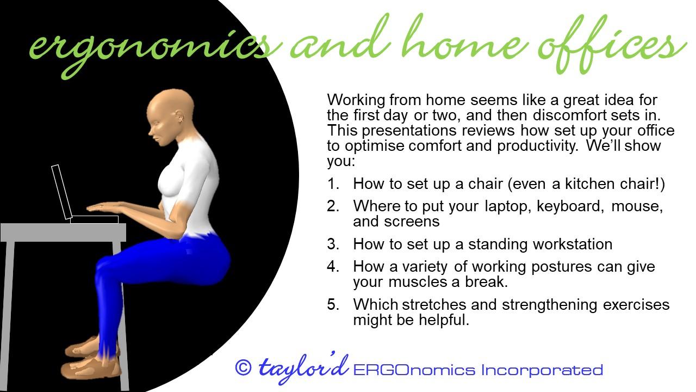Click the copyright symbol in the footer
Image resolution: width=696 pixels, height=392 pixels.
tap(243, 367)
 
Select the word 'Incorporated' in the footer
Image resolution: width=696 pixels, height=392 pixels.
tap(542, 370)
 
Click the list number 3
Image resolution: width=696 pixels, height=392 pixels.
tap(333, 244)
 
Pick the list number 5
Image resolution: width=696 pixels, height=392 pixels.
tap(333, 304)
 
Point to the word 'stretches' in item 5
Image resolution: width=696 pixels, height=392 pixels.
tap(434, 304)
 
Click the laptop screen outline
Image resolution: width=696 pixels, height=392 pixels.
tap(61, 192)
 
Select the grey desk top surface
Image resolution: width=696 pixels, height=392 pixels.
tap(63, 232)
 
